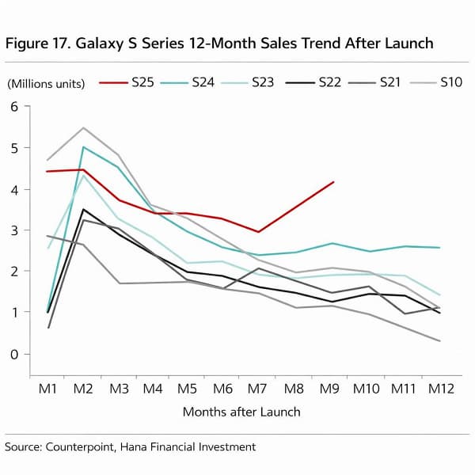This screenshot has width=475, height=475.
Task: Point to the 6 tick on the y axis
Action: [x=13, y=107]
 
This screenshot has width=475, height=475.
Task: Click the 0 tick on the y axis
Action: [x=13, y=354]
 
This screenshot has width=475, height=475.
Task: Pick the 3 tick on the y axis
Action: [x=13, y=230]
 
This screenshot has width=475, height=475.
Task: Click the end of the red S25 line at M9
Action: [x=333, y=182]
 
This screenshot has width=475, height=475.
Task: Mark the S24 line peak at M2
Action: [x=83, y=147]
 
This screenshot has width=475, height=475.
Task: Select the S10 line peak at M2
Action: [x=83, y=127]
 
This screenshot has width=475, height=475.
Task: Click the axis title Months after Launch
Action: [x=241, y=412]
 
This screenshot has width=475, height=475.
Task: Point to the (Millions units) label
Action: [x=47, y=83]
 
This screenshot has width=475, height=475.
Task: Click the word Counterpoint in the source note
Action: [x=82, y=447]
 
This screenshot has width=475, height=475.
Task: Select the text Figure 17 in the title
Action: [x=39, y=44]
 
